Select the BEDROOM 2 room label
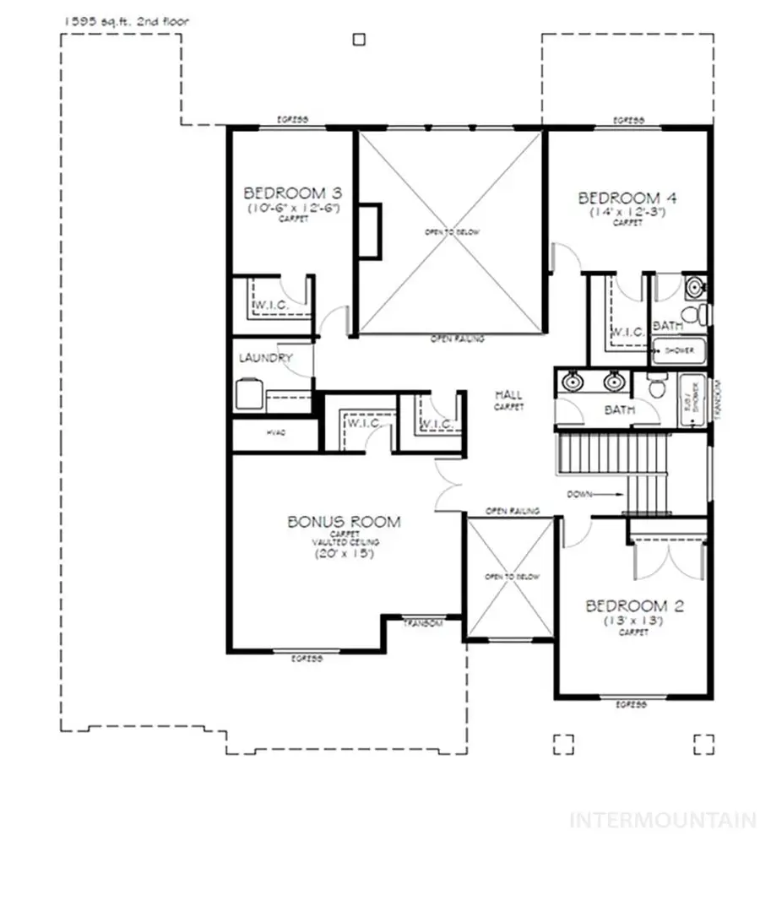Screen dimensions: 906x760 point(635,605)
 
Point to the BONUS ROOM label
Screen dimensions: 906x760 point(344,522)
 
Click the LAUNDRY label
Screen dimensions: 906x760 point(264,358)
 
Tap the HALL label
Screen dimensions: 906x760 point(508,394)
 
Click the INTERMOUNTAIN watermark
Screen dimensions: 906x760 point(663,820)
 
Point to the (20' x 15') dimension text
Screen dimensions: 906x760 point(344,555)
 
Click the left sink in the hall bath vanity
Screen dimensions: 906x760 point(573,382)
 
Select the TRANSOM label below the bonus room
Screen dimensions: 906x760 point(423,623)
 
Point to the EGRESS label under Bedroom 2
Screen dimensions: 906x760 point(631,703)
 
